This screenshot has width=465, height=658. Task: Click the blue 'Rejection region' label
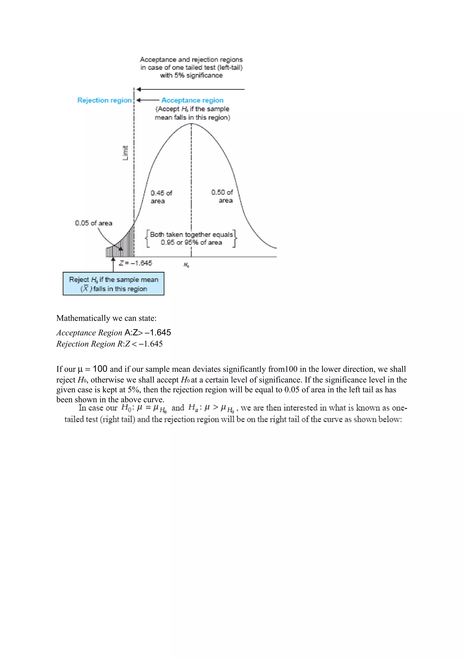104,100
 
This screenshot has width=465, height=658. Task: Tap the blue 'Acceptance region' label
192,100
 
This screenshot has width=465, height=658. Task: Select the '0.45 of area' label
161,197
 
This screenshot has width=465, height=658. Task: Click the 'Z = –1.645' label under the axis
136,263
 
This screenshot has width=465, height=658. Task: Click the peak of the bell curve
191,124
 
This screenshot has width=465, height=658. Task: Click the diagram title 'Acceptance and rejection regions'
191,60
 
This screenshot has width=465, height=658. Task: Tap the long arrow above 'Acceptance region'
190,89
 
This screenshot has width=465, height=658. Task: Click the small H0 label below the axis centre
186,265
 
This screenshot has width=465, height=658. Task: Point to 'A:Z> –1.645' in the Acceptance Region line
148,332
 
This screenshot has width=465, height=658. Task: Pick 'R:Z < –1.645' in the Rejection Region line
140,344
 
